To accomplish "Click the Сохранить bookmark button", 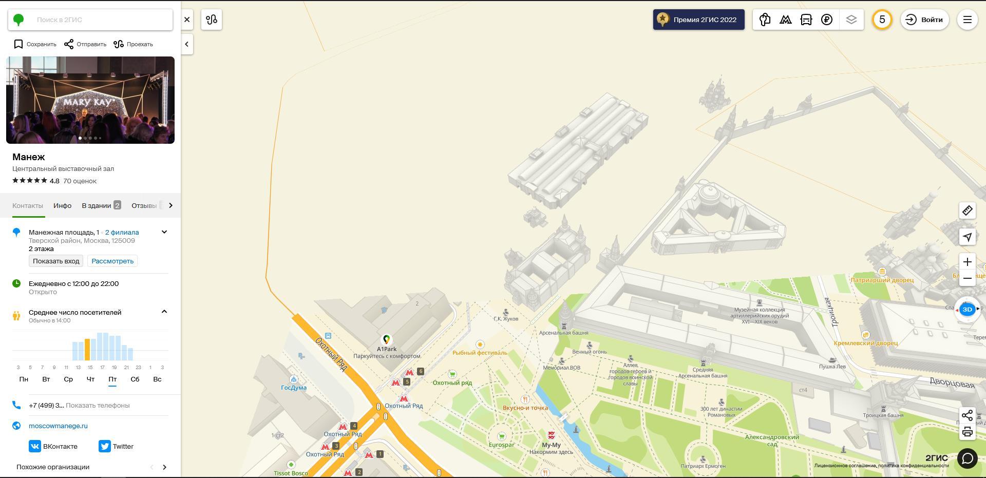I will (x=35, y=44).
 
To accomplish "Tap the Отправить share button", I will (x=85, y=44).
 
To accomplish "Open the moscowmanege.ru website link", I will (x=58, y=426).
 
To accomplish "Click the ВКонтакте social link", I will (x=53, y=446).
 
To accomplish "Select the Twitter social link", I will (x=116, y=446).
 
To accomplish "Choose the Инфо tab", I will (x=62, y=205).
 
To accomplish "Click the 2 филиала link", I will (x=122, y=232).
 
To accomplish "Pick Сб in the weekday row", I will (x=135, y=379).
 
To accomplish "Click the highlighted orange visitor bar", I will (x=87, y=349).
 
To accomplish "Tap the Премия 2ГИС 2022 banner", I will (x=698, y=20).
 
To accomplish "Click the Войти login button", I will (x=924, y=20).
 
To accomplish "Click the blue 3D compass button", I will (x=967, y=309).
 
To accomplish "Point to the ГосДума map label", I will (x=294, y=388).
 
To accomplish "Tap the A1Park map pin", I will (x=386, y=340).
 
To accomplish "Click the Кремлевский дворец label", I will (x=866, y=343).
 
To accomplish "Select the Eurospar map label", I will (x=501, y=445).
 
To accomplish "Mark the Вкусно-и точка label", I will (x=525, y=408).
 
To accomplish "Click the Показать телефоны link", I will (x=98, y=405).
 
